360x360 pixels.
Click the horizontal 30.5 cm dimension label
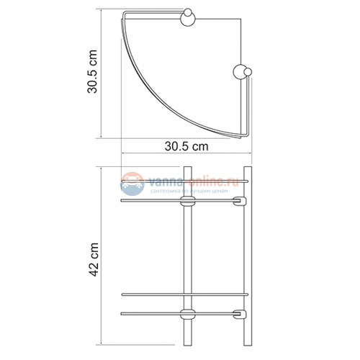click(x=186, y=147)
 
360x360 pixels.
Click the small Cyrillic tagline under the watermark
click(x=189, y=194)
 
